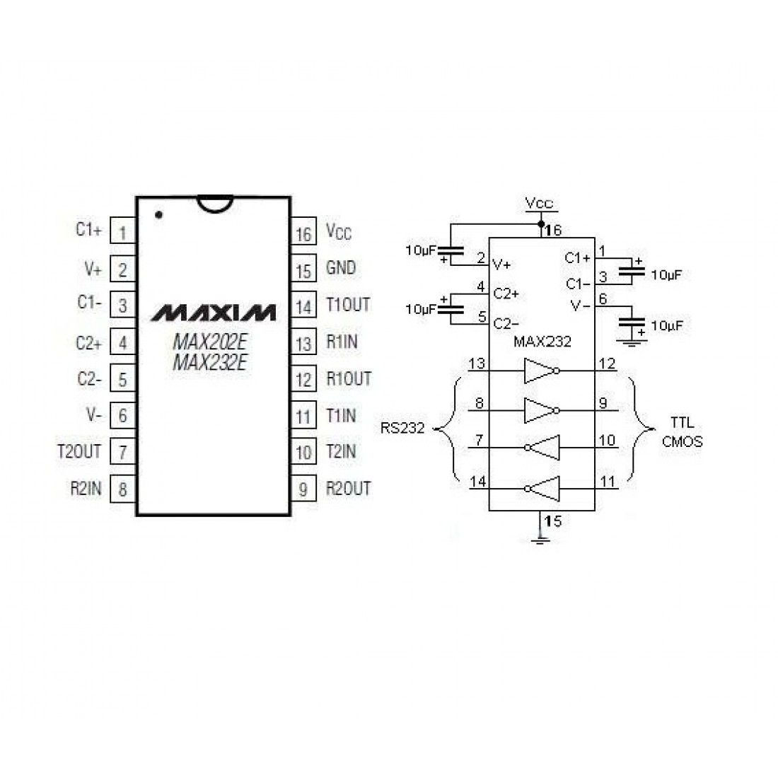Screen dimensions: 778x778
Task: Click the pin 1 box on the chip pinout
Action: coord(123,232)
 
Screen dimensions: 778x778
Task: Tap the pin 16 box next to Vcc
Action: coord(303,234)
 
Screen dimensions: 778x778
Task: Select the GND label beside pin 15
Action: coord(341,269)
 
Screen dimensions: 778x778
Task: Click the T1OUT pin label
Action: coord(348,306)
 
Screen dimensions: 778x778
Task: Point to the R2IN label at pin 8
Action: coord(85,488)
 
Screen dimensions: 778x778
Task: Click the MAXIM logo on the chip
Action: coord(214,312)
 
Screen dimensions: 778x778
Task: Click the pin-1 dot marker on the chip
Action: coord(158,214)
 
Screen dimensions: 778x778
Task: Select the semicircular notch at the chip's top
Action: coord(214,203)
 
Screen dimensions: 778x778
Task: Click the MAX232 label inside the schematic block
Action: coord(542,342)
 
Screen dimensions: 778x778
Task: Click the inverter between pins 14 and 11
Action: coord(542,488)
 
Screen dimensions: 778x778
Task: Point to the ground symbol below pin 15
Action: coord(541,540)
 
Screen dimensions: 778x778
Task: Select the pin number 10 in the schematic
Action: coord(607,441)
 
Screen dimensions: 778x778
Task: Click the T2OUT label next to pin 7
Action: coord(79,451)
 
